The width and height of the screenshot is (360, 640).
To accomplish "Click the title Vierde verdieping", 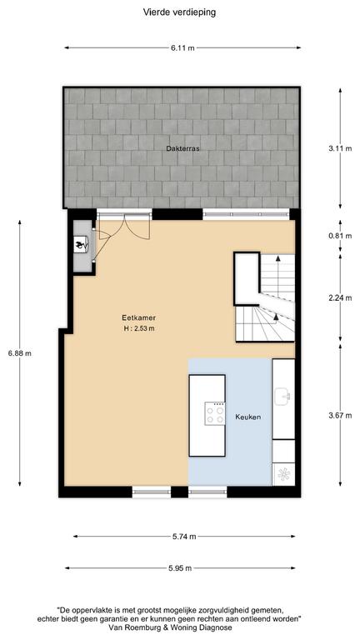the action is pos(179,12).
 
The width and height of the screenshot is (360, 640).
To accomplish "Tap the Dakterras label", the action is pos(182,148).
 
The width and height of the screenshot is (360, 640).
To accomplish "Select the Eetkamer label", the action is pos(134,317).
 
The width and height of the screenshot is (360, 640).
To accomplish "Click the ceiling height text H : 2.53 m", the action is pos(139,328).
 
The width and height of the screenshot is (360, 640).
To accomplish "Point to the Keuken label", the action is pos(247,417).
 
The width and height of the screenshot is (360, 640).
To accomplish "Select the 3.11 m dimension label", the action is pos(340,148).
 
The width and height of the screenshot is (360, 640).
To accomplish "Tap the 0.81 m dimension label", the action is pos(340,236).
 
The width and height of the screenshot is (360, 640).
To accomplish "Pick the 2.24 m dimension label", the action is pos(340,298).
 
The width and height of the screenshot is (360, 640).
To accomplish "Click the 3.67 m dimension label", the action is pos(340,416).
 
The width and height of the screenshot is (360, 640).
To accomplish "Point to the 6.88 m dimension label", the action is pos(20,353).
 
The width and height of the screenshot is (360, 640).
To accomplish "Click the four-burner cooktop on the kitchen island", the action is pos(215,413).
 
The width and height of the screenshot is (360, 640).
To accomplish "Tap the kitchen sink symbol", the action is pos(282,397).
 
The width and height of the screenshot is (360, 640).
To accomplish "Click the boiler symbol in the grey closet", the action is pos(80,245).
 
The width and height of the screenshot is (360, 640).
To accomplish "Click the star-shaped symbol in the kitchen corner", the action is pos(282,474).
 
